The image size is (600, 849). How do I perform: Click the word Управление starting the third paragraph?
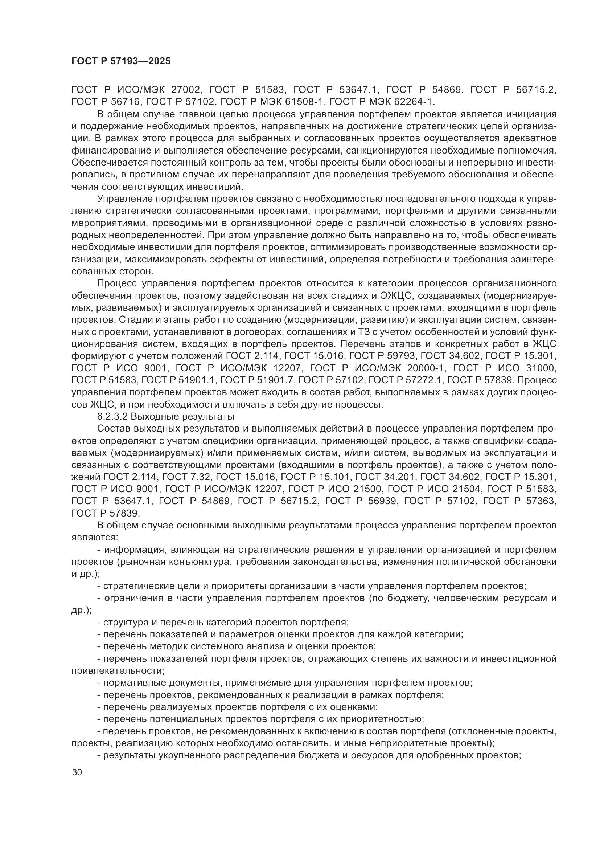click(124, 199)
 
